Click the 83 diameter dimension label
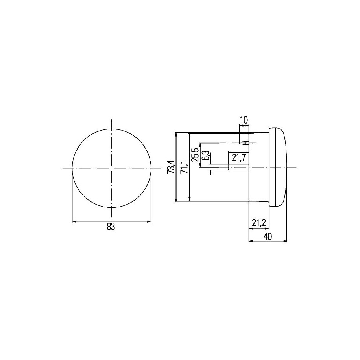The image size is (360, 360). (111, 227)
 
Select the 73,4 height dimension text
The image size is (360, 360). (171, 167)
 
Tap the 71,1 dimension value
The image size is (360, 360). (185, 167)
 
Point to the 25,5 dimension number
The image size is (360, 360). (196, 155)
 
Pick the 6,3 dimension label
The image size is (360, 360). (206, 155)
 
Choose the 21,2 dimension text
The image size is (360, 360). (259, 223)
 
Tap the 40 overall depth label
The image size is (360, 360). (268, 236)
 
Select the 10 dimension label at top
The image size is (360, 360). (244, 120)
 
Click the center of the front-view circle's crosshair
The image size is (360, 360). (112, 168)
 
